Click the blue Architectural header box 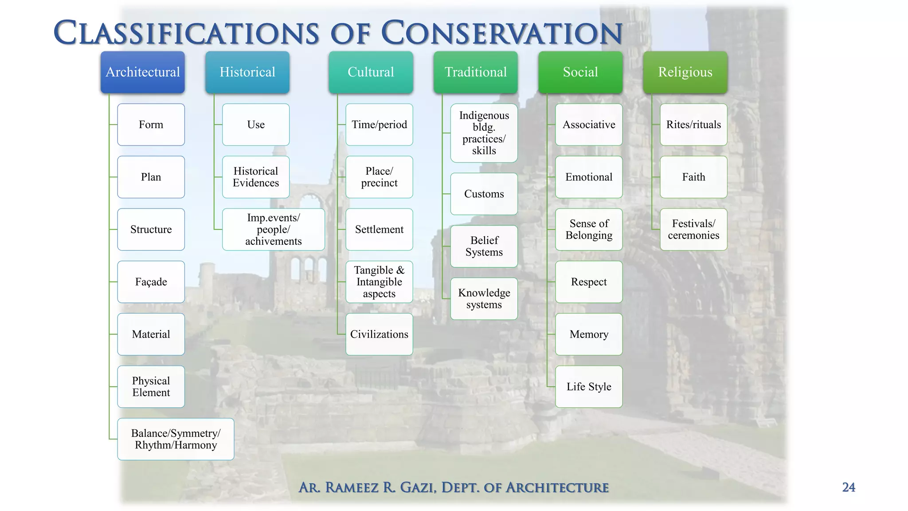pos(142,72)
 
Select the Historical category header pos(247,72)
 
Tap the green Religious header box pos(685,72)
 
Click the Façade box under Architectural pos(151,282)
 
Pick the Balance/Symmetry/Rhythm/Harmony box pos(176,439)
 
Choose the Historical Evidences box pos(255,177)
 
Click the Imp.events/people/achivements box pos(273,229)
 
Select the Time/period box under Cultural pos(379,125)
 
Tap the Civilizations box pos(379,334)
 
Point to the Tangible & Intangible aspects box pos(379,282)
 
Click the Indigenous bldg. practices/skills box pos(484,133)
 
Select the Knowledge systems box pos(484,299)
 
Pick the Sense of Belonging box pos(588,229)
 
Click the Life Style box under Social pos(588,386)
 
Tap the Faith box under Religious pos(693,177)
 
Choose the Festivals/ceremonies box pos(693,229)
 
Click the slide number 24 pos(848,487)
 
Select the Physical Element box pos(151,386)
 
